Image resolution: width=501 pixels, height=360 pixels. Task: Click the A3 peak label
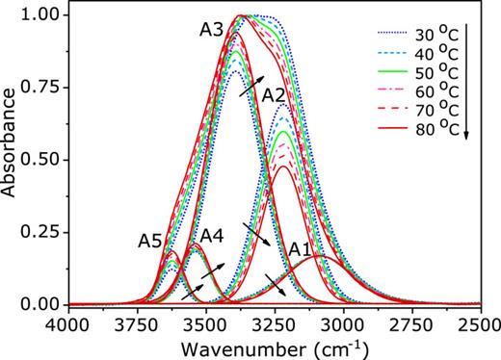pos(214,30)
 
